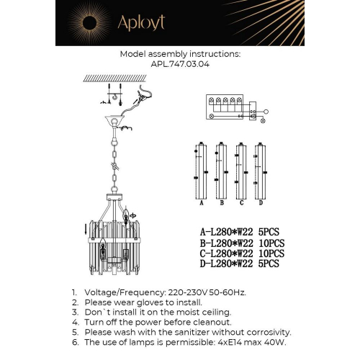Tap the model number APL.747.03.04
point(180,63)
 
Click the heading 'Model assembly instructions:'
point(180,54)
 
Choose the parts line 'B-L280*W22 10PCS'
point(243,243)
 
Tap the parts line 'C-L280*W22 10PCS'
point(243,253)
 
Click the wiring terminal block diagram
point(229,107)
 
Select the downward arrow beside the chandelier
point(87,230)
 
